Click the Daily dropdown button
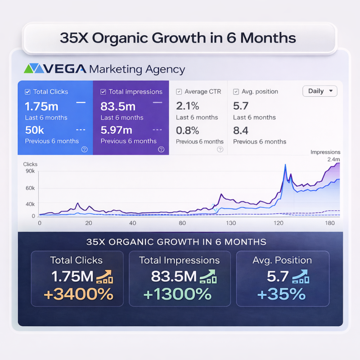click(320, 91)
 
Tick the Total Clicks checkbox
click(28, 92)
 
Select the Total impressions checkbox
click(103, 92)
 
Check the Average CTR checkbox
click(179, 92)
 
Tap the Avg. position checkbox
click(236, 92)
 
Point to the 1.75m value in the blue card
click(42, 106)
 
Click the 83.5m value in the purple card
click(118, 106)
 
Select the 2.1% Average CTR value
click(188, 106)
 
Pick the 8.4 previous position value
click(241, 130)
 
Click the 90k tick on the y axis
click(30, 171)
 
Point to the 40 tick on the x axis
click(132, 223)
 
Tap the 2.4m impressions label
click(333, 159)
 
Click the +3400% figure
click(78, 294)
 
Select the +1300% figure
click(177, 294)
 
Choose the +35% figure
click(281, 294)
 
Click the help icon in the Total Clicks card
click(85, 149)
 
